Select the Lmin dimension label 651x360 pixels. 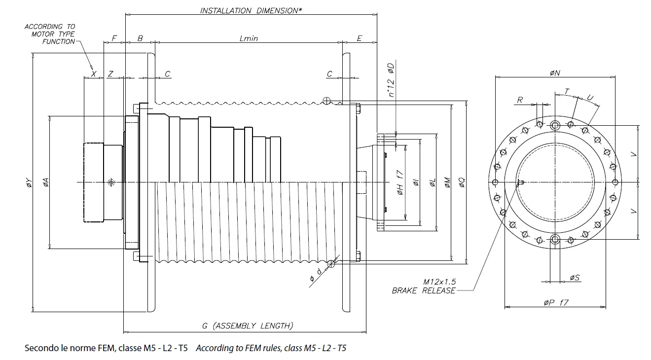coord(249,38)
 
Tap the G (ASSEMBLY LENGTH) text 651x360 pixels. coord(248,325)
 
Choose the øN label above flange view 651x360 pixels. coord(555,73)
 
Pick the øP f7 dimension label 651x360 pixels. coord(556,302)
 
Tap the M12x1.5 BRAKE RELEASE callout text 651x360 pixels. coord(424,286)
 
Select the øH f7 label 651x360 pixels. coord(400,182)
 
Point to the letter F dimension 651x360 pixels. coord(114,38)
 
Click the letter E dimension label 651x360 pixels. coord(359,38)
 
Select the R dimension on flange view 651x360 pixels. coord(520,100)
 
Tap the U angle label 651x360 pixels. coord(589,98)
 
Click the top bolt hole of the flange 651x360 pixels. coord(555,125)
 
